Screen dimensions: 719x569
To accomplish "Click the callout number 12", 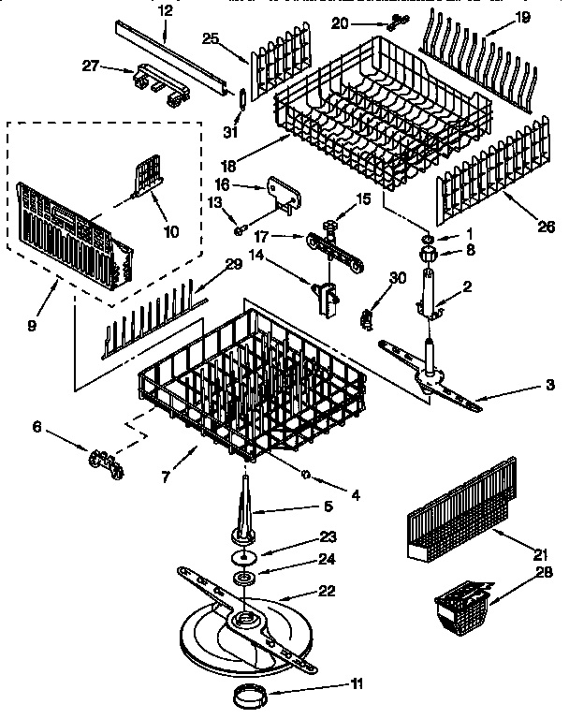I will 165,10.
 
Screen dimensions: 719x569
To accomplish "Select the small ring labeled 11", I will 250,697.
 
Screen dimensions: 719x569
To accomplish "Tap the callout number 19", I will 522,17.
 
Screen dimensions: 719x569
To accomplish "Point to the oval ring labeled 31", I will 243,98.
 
